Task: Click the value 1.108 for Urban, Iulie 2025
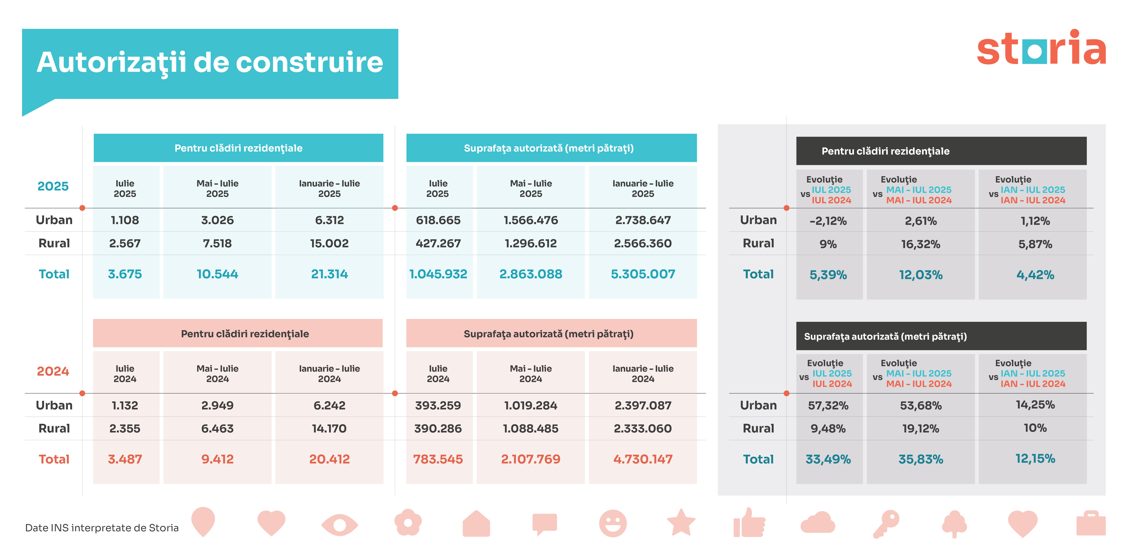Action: [125, 220]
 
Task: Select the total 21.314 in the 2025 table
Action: [329, 274]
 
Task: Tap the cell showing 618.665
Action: [438, 220]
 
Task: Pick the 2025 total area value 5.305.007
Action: [643, 274]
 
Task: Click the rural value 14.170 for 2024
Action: [329, 428]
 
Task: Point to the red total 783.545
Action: [438, 459]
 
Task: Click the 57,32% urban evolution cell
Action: [828, 405]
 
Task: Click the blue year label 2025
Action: [53, 186]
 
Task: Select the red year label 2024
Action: [53, 371]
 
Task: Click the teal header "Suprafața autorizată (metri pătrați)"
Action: [549, 148]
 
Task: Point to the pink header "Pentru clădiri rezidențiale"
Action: [245, 334]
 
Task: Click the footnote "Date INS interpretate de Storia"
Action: [102, 528]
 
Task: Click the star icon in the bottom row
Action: [681, 523]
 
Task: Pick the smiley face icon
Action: [613, 523]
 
